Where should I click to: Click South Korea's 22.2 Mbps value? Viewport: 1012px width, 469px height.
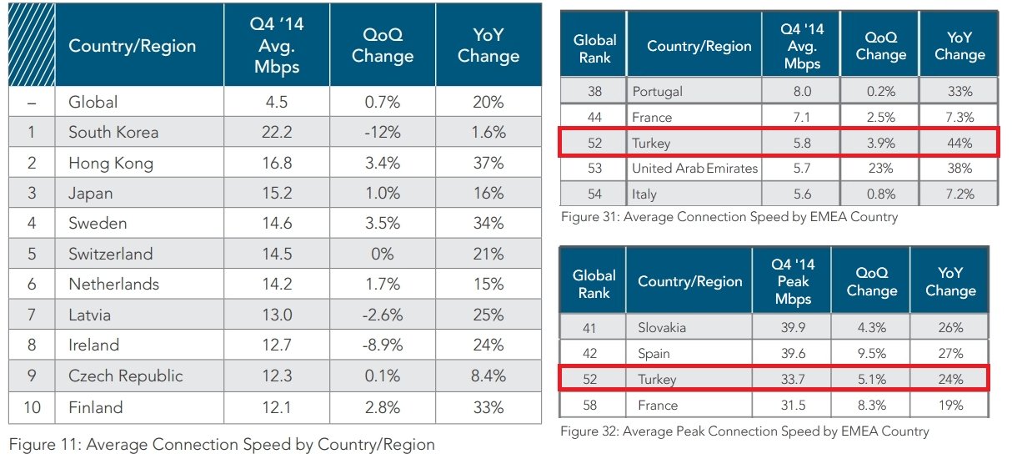coord(276,133)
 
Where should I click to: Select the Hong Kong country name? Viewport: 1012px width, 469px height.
coord(111,164)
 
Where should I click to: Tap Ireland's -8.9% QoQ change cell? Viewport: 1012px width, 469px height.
coord(382,345)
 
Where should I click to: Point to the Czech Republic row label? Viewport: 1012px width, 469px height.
coord(125,376)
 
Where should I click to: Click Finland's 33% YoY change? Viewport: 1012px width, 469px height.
coord(488,407)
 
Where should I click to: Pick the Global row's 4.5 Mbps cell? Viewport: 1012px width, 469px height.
coord(276,103)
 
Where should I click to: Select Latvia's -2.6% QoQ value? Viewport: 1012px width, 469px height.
coord(382,315)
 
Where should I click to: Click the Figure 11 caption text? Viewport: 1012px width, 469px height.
coord(222,444)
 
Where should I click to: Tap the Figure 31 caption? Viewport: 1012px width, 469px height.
coord(729,217)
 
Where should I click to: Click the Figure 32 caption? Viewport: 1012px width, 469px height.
coord(744,431)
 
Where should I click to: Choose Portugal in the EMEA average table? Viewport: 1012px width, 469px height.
coord(658,91)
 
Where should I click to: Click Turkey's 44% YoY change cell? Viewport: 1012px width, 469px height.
coord(959,143)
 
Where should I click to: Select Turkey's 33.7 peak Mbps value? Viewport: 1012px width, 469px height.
coord(791,380)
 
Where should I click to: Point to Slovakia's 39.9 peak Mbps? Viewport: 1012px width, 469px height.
coord(791,327)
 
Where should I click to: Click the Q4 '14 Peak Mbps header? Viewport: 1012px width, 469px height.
coord(792,281)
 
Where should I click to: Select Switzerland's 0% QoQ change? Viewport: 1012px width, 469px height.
coord(382,255)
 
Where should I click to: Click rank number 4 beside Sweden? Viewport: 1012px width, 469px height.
coord(32,224)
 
